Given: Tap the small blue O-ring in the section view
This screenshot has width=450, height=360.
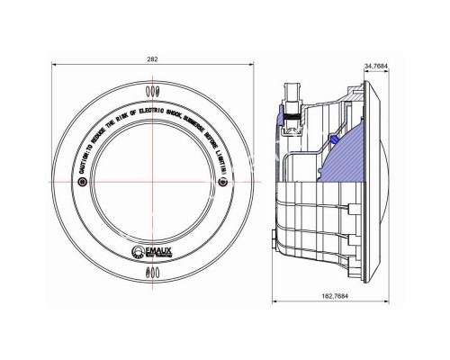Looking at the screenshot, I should pyautogui.click(x=334, y=139).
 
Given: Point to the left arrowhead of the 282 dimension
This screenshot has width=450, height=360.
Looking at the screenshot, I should pyautogui.click(x=55, y=67).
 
